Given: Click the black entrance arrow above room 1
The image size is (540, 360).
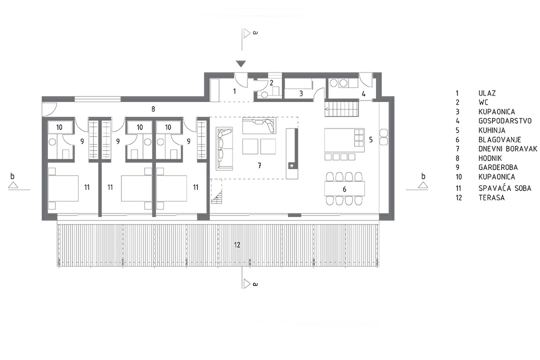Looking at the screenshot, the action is pos(241,64).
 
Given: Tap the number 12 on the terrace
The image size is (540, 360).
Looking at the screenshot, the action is pos(237,245).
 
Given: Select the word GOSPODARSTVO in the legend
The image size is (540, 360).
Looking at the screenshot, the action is pos(505,121).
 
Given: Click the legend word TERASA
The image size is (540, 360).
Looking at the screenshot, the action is pos(491,198).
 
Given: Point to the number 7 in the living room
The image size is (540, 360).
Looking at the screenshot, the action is pos(260,166).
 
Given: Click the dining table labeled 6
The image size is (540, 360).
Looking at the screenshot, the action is pos(344,189).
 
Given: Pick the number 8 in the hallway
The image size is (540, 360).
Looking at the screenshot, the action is pos(153,109).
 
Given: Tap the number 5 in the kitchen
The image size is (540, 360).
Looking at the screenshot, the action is pos(371,140).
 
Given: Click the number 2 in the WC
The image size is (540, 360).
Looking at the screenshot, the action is pos(271,83).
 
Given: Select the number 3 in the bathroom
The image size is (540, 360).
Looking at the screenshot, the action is pos(301,93).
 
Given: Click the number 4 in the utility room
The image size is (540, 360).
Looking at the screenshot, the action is pos(363,94).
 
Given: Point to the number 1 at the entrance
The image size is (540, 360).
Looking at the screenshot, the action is pos(235,91).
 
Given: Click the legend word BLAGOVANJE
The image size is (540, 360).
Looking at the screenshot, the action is pos(500,140).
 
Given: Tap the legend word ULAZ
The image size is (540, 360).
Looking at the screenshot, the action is pos(487,93).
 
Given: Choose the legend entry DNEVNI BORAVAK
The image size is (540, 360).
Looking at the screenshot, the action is pos(508,149).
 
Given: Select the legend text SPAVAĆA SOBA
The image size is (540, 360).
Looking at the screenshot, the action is pos(505,188).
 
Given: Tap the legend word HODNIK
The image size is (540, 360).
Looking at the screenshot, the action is pos(490,158).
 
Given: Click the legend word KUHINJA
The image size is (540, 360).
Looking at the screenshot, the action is pos(492,130).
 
